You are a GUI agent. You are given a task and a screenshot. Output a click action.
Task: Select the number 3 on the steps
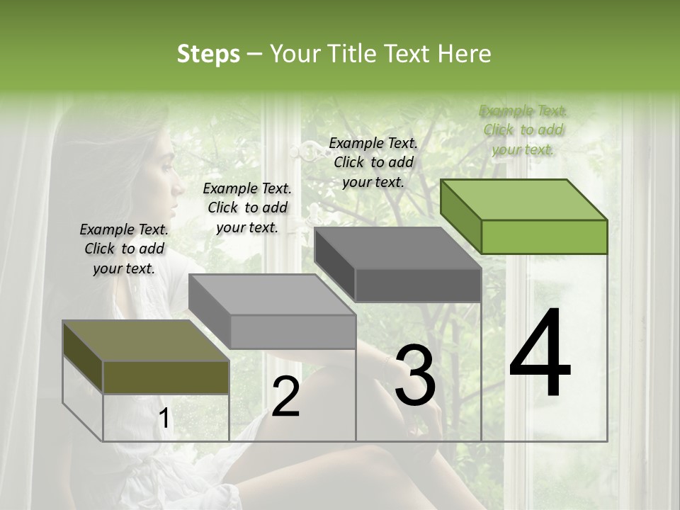pyautogui.click(x=415, y=376)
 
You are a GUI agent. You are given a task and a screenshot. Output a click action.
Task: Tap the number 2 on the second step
pyautogui.click(x=285, y=397)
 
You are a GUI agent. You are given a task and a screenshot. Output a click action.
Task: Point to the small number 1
pyautogui.click(x=164, y=419)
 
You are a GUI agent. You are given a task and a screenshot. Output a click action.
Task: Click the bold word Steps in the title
pyautogui.click(x=208, y=54)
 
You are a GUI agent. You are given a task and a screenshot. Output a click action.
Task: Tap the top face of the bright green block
pyautogui.click(x=524, y=200)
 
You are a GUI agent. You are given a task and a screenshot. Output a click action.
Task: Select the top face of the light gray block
pyautogui.click(x=272, y=295)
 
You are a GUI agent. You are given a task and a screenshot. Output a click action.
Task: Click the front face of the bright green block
pyautogui.click(x=544, y=237)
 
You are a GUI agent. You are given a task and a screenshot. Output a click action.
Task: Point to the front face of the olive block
pyautogui.click(x=166, y=377)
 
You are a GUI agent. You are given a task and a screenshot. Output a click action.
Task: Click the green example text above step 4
pyautogui.click(x=523, y=130)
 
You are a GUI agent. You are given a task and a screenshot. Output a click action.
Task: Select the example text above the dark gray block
pyautogui.click(x=373, y=162)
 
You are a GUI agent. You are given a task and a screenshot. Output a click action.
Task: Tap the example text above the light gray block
pyautogui.click(x=247, y=208)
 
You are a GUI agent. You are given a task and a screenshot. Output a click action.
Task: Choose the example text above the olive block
pyautogui.click(x=124, y=249)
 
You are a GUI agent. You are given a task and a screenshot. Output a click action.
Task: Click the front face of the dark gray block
pyautogui.click(x=418, y=285)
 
